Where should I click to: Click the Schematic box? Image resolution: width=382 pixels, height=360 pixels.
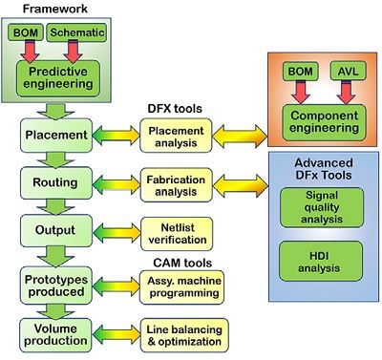(x=76, y=32)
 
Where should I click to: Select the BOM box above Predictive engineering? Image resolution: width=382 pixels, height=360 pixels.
(x=26, y=32)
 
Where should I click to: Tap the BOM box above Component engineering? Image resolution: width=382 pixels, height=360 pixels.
(x=300, y=71)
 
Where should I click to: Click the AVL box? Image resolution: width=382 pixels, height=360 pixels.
(x=348, y=71)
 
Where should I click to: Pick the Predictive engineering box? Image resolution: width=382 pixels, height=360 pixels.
(x=58, y=78)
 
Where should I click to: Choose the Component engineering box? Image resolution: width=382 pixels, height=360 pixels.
(x=325, y=122)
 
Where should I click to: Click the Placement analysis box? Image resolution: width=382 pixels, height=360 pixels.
(x=176, y=136)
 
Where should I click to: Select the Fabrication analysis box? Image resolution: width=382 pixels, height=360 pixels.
(x=176, y=185)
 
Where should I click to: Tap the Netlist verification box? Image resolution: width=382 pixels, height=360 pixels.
(x=177, y=234)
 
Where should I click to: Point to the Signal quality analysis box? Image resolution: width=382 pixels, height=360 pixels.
(x=322, y=207)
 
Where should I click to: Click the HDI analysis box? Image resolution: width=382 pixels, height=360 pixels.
(x=321, y=262)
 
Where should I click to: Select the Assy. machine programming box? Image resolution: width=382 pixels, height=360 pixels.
(x=181, y=287)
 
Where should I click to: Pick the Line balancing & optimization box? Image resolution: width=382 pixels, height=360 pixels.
(x=184, y=335)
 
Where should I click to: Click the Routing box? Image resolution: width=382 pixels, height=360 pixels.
(x=56, y=183)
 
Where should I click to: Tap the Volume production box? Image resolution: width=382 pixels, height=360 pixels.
(x=55, y=335)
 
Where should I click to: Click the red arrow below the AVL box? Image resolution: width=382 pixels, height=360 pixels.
(x=347, y=92)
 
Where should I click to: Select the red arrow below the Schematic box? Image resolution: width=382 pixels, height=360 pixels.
(x=73, y=52)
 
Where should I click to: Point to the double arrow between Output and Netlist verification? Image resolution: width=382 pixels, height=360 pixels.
(x=117, y=234)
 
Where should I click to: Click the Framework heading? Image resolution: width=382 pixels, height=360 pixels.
(x=54, y=9)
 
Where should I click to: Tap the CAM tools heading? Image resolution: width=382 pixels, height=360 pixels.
(x=182, y=263)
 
